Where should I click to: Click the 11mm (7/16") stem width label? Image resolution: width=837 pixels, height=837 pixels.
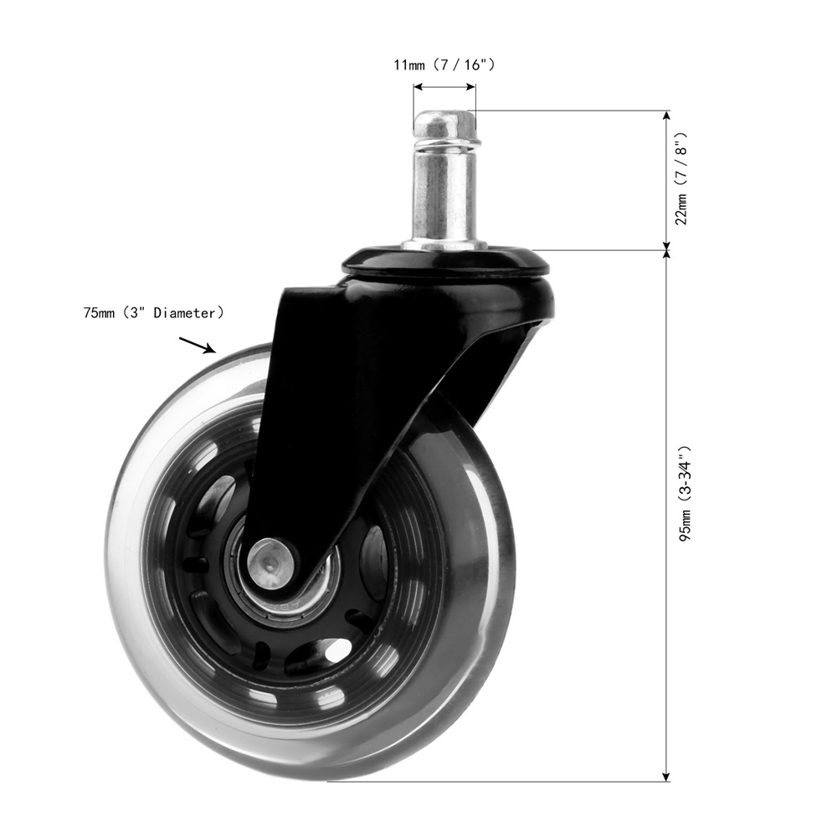pyautogui.click(x=444, y=65)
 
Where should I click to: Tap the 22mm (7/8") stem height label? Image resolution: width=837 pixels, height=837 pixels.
pyautogui.click(x=681, y=179)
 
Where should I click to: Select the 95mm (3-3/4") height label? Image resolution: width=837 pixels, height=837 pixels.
pyautogui.click(x=685, y=493)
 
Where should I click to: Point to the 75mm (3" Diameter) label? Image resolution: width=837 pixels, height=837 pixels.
pyautogui.click(x=153, y=313)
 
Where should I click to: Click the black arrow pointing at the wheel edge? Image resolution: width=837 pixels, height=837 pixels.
pyautogui.click(x=197, y=345)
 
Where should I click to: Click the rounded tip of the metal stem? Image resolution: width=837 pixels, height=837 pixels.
pyautogui.click(x=444, y=124)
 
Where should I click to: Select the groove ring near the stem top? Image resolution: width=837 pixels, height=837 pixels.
pyautogui.click(x=446, y=143)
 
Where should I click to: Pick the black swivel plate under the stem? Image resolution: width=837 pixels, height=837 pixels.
pyautogui.click(x=446, y=259)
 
